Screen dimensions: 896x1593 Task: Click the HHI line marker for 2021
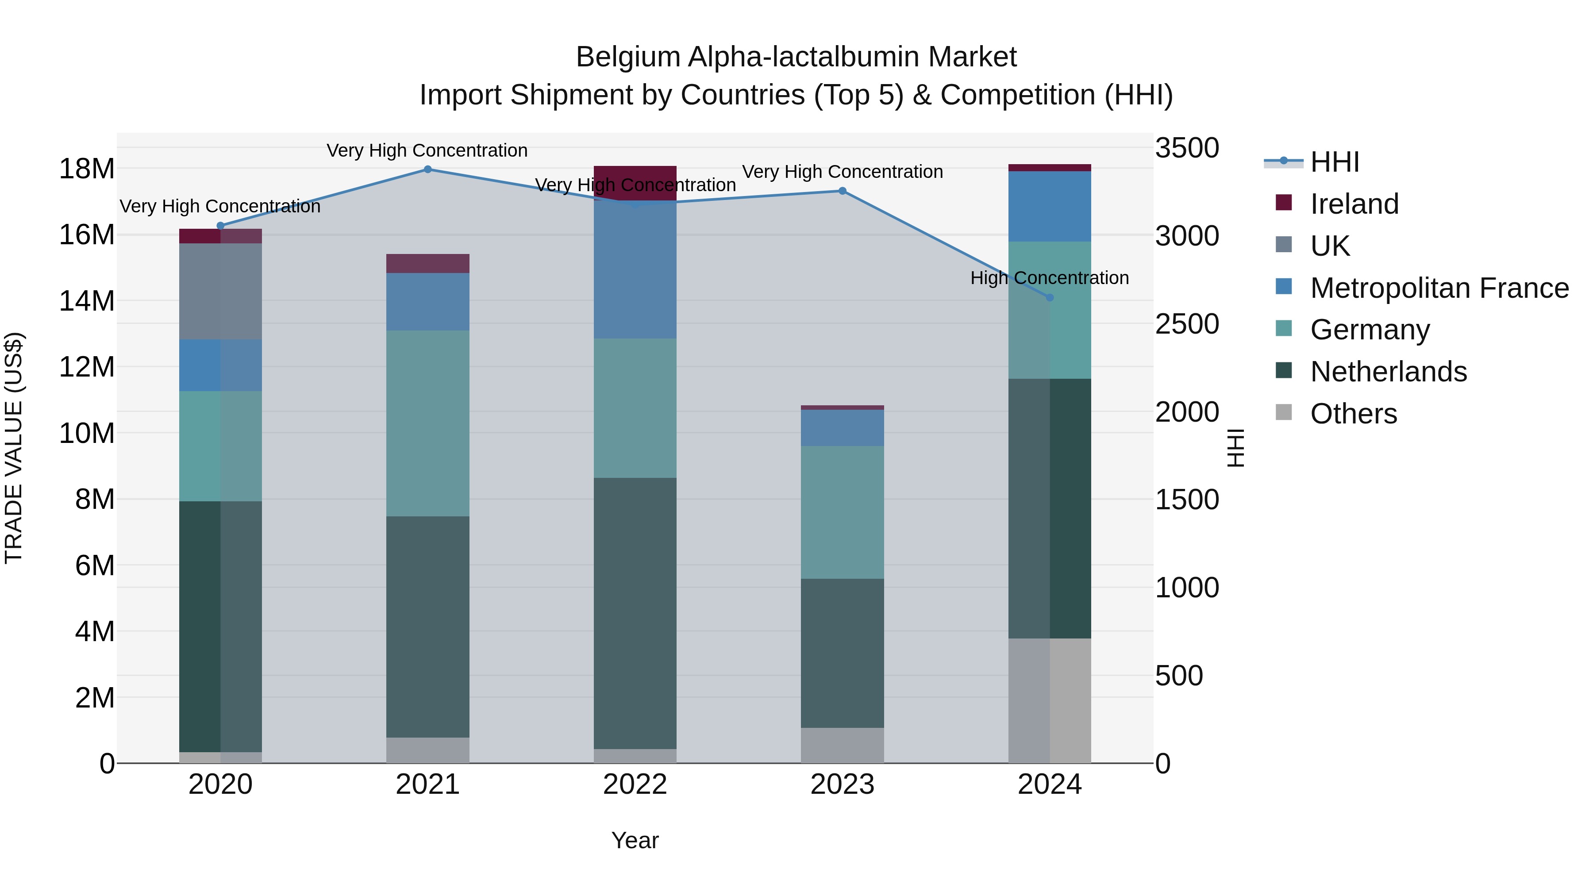coord(427,169)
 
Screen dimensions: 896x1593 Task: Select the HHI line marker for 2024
coord(1050,297)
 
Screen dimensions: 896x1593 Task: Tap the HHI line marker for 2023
coord(842,191)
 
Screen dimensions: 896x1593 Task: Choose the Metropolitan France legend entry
coord(1439,288)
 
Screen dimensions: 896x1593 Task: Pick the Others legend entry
coord(1353,414)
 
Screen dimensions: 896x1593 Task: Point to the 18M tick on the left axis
coord(87,169)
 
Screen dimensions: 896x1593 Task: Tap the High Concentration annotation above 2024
coord(1050,278)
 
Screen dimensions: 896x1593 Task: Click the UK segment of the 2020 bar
coord(220,291)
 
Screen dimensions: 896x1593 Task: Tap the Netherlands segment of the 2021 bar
coord(427,627)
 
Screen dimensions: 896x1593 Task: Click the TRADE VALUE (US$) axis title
coord(14,448)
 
